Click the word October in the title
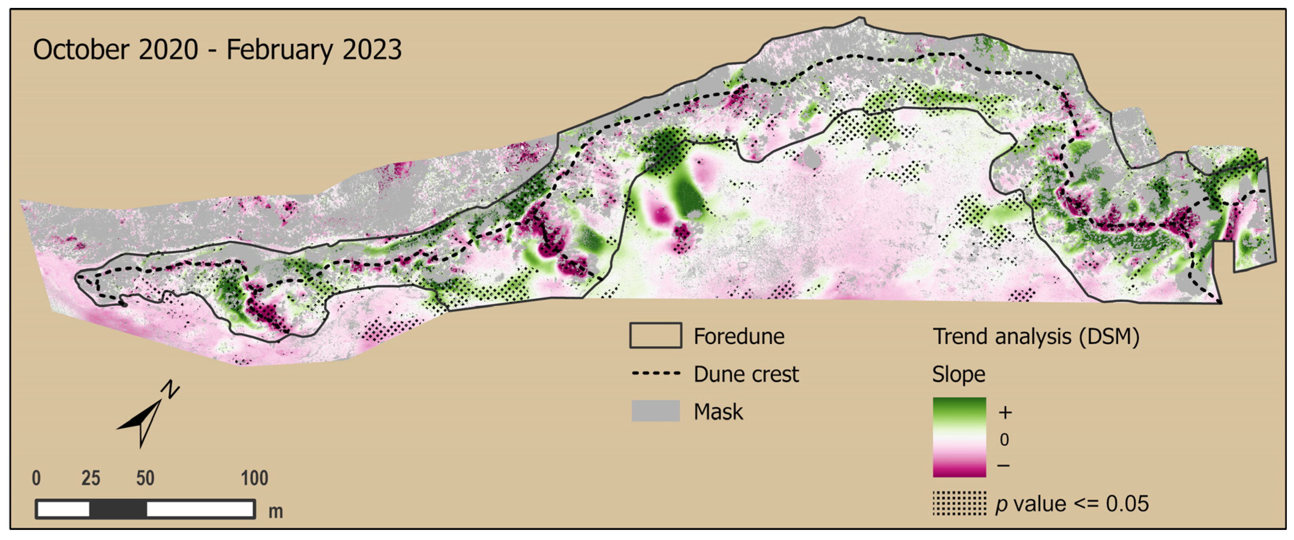click(80, 50)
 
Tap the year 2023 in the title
click(372, 50)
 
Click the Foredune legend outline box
click(656, 335)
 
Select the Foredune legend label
click(739, 336)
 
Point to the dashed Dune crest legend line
click(656, 374)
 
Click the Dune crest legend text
click(746, 374)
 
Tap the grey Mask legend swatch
click(656, 411)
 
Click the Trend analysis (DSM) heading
click(1036, 336)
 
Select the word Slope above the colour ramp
click(959, 374)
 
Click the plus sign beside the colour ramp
click(1005, 412)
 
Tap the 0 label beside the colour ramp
click(1004, 439)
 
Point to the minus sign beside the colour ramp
click(1004, 466)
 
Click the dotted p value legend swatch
click(959, 503)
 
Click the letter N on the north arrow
click(171, 389)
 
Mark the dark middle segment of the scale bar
click(118, 509)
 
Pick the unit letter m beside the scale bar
click(275, 512)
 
